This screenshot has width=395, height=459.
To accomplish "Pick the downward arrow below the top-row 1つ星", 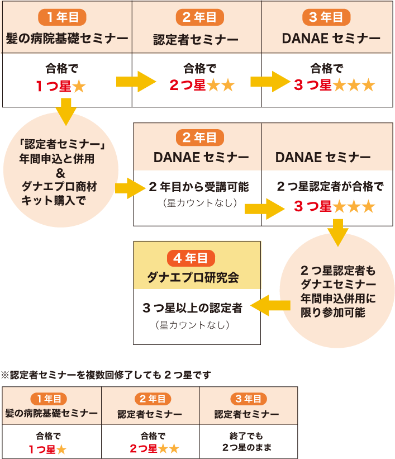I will point(65,111).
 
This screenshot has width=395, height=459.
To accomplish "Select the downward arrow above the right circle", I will point(337,232).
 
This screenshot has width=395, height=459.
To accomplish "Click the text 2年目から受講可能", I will point(198,187).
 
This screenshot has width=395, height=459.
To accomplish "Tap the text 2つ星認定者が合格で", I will point(330,187).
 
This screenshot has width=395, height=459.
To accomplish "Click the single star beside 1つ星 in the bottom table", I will point(61,448).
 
